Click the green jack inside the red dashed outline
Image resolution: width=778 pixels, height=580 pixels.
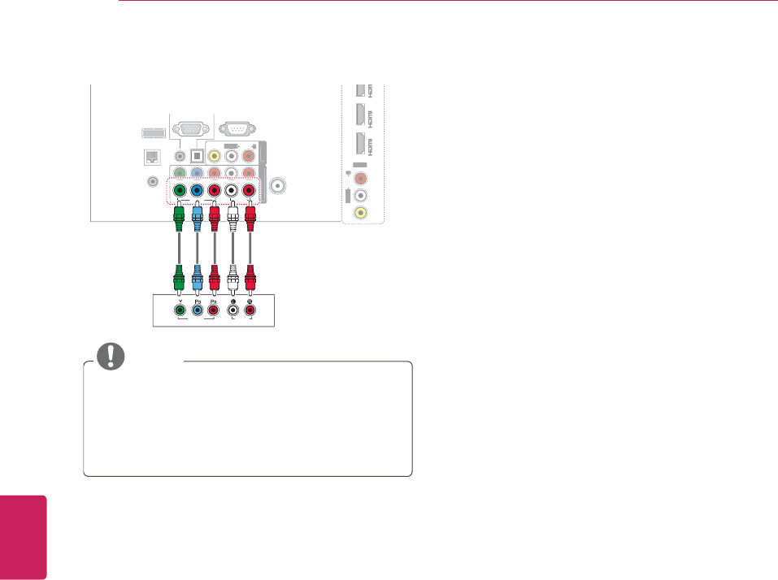point(179,192)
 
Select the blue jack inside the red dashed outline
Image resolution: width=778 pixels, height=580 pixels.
point(197,192)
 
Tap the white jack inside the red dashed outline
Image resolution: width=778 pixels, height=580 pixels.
point(233,192)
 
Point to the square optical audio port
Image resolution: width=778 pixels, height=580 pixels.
point(196,155)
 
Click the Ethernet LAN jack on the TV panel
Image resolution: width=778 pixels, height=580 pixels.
point(150,158)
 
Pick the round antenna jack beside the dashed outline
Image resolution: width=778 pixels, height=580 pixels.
point(279,185)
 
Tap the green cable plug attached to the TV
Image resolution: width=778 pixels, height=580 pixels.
point(179,217)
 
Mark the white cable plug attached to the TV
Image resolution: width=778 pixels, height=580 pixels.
point(233,217)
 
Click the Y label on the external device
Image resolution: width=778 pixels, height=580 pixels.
point(179,300)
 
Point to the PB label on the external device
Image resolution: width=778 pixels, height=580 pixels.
point(197,300)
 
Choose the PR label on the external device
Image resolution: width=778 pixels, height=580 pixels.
point(215,300)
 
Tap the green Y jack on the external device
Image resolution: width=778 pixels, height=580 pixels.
point(179,309)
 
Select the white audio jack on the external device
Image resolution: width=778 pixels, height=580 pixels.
point(233,309)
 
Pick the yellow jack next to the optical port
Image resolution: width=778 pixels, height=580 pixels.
point(215,155)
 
